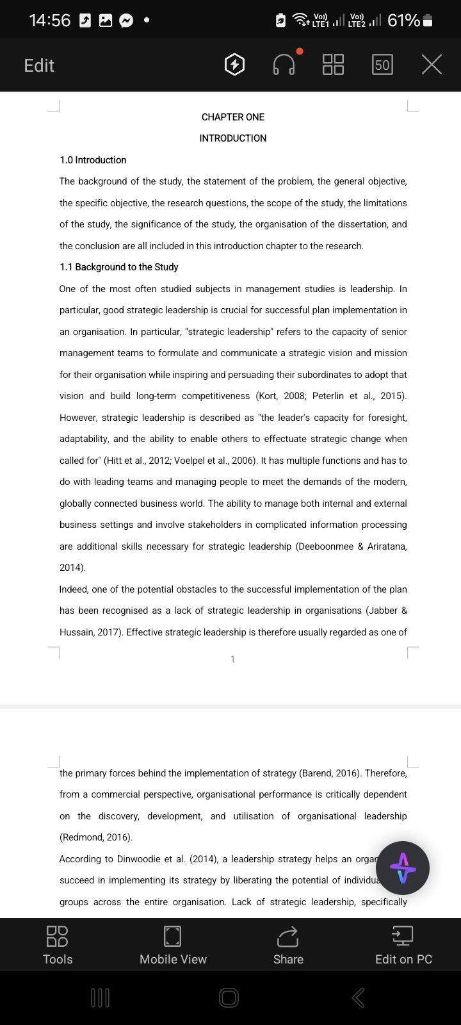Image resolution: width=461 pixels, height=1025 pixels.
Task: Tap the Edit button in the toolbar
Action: click(39, 65)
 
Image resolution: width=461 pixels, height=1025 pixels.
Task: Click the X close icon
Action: click(432, 65)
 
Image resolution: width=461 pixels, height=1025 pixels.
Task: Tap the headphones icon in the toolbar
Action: click(284, 65)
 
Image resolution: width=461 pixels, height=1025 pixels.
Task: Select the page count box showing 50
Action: click(382, 65)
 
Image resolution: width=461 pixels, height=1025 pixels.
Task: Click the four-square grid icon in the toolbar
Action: click(333, 65)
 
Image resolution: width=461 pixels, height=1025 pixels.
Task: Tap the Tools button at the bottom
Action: click(58, 944)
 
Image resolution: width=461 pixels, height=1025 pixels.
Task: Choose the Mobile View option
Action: click(173, 944)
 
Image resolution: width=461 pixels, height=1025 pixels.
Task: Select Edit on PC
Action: click(403, 944)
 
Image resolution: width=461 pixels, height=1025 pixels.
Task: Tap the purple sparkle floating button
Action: click(402, 868)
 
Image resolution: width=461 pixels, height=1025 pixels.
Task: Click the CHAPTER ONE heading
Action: click(232, 117)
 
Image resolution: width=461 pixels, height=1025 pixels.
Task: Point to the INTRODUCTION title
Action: click(232, 138)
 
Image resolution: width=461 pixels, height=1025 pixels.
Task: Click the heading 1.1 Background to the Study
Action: click(118, 267)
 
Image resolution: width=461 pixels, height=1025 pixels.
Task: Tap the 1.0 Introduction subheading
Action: click(93, 160)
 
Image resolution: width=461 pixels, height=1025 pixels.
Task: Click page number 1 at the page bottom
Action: click(232, 659)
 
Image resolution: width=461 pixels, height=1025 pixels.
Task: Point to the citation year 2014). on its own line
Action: click(72, 568)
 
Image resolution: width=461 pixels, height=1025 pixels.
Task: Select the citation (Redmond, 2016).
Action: click(96, 837)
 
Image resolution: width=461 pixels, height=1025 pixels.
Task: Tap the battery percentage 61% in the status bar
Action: click(403, 20)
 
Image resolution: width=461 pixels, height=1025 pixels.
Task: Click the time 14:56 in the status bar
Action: click(50, 20)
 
